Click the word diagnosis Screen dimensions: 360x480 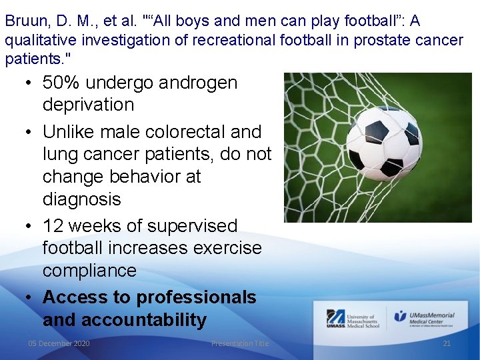(x=81, y=199)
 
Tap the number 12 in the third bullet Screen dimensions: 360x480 (x=54, y=226)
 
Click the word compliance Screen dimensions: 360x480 (x=89, y=271)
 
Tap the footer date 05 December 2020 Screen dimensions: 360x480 (x=59, y=343)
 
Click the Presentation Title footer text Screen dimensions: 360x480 (x=240, y=343)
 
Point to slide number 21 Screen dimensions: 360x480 (x=447, y=343)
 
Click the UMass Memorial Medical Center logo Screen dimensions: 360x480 (x=424, y=318)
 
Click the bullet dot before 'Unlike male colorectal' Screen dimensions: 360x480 (x=27, y=132)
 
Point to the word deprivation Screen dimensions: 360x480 (x=88, y=105)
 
